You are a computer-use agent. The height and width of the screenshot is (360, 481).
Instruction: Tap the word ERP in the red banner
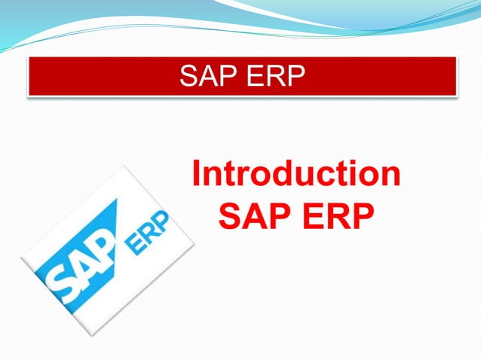pyautogui.click(x=275, y=76)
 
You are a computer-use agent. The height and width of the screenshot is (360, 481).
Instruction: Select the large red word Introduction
pyautogui.click(x=296, y=174)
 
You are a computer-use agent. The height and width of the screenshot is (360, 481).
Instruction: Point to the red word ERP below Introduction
pyautogui.click(x=338, y=218)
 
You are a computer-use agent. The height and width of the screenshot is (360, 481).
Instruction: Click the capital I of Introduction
pyautogui.click(x=198, y=174)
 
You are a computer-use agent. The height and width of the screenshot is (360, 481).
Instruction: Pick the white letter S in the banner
pyautogui.click(x=188, y=76)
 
